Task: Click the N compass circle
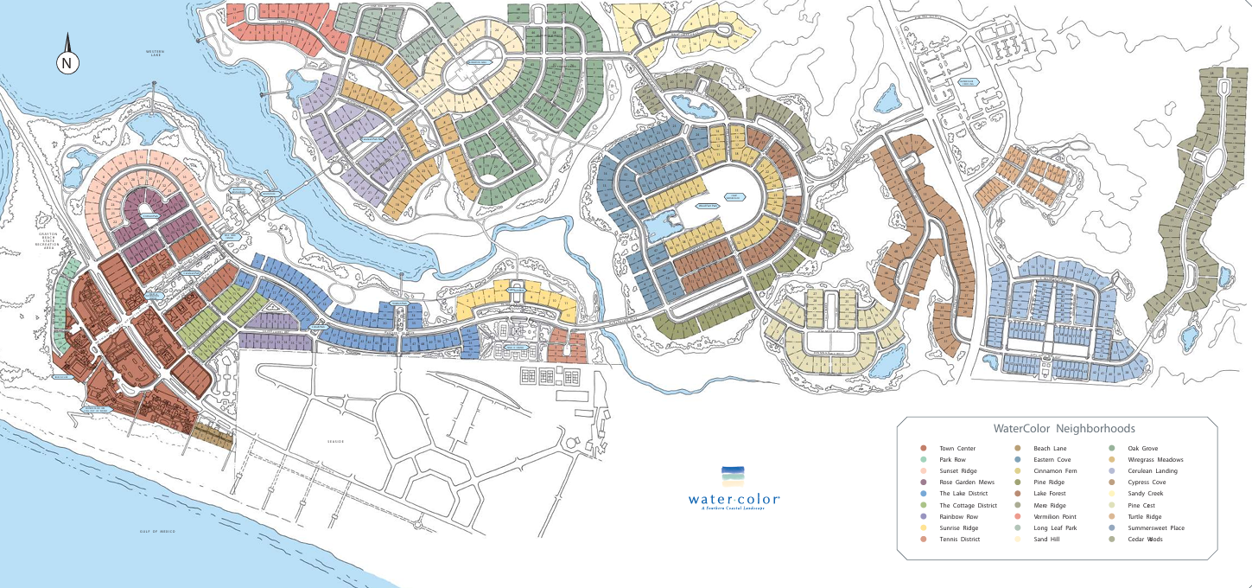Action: (x=68, y=63)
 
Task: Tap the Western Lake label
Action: (x=155, y=54)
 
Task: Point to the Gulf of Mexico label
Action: (x=157, y=531)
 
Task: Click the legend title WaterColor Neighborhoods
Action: (x=1064, y=428)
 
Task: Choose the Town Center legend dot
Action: (x=923, y=448)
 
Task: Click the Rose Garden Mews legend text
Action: (x=967, y=483)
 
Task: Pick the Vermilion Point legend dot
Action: (x=1018, y=516)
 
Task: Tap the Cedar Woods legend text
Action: (x=1145, y=540)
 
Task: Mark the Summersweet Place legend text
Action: (x=1156, y=527)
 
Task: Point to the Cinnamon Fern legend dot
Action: (x=1018, y=471)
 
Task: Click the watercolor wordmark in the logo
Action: (x=734, y=499)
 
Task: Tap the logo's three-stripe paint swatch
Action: (x=732, y=475)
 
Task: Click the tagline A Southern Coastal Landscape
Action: (x=734, y=508)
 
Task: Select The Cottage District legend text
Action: (x=968, y=505)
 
